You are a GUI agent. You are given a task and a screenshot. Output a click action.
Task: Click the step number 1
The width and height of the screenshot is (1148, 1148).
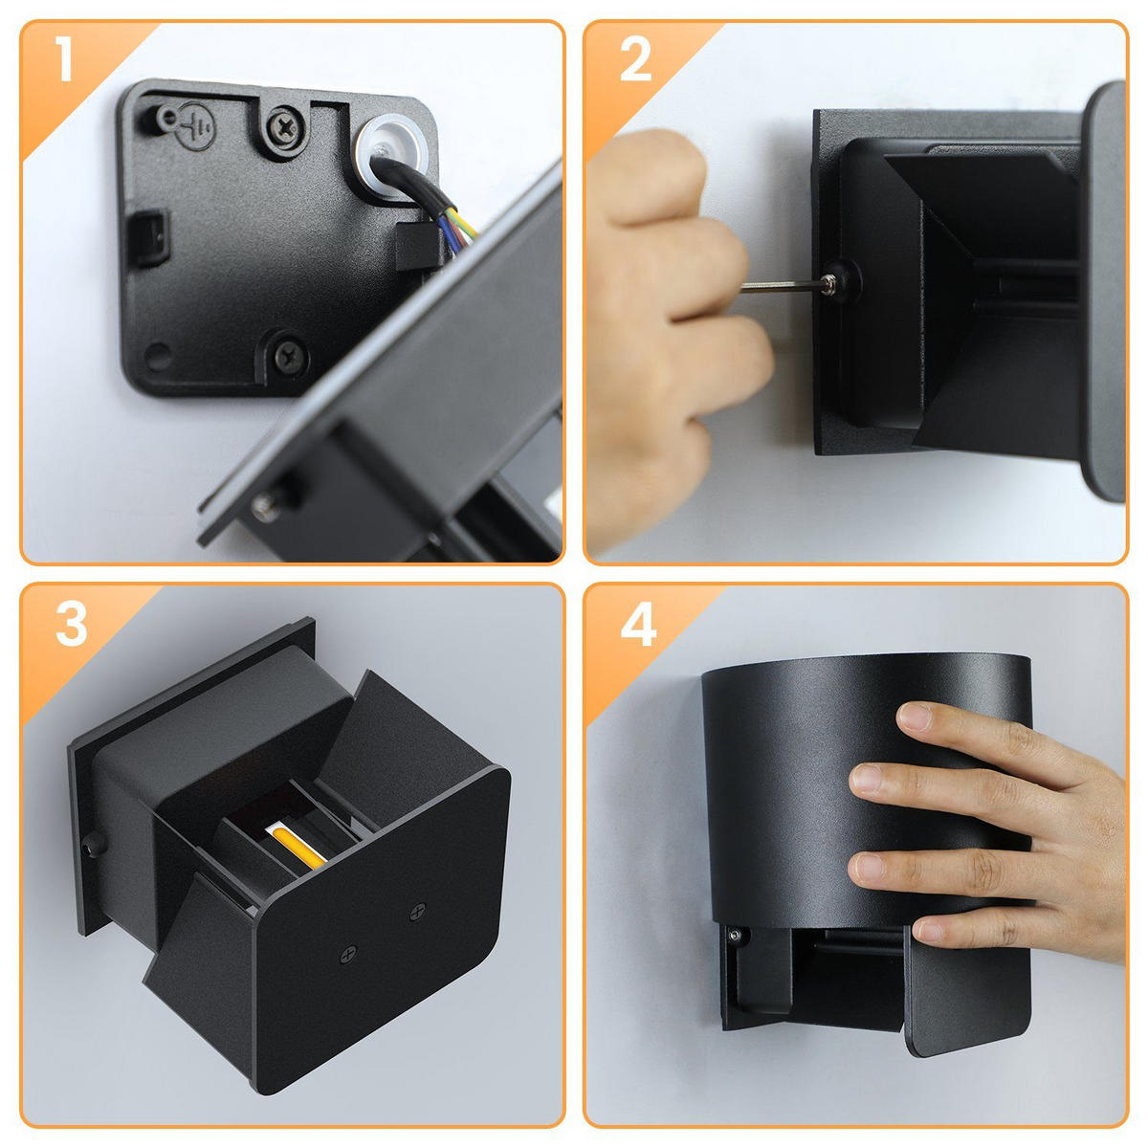coord(64,58)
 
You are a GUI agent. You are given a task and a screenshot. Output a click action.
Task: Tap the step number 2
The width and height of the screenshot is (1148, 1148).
coord(635,59)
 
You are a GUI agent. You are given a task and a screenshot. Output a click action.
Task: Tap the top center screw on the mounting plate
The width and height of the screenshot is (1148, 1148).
coord(287,127)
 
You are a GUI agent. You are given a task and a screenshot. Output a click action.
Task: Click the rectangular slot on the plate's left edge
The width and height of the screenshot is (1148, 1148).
coord(147,237)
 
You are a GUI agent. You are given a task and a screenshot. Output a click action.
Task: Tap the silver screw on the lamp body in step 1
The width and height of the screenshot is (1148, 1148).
coord(266,508)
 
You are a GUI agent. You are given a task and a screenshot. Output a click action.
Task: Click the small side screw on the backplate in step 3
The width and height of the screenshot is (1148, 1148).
coord(93,844)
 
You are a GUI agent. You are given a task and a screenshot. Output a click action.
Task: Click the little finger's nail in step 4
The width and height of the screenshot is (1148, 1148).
coord(929,929)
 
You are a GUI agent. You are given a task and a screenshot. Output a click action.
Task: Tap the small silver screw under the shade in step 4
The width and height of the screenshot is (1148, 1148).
coord(736,935)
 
